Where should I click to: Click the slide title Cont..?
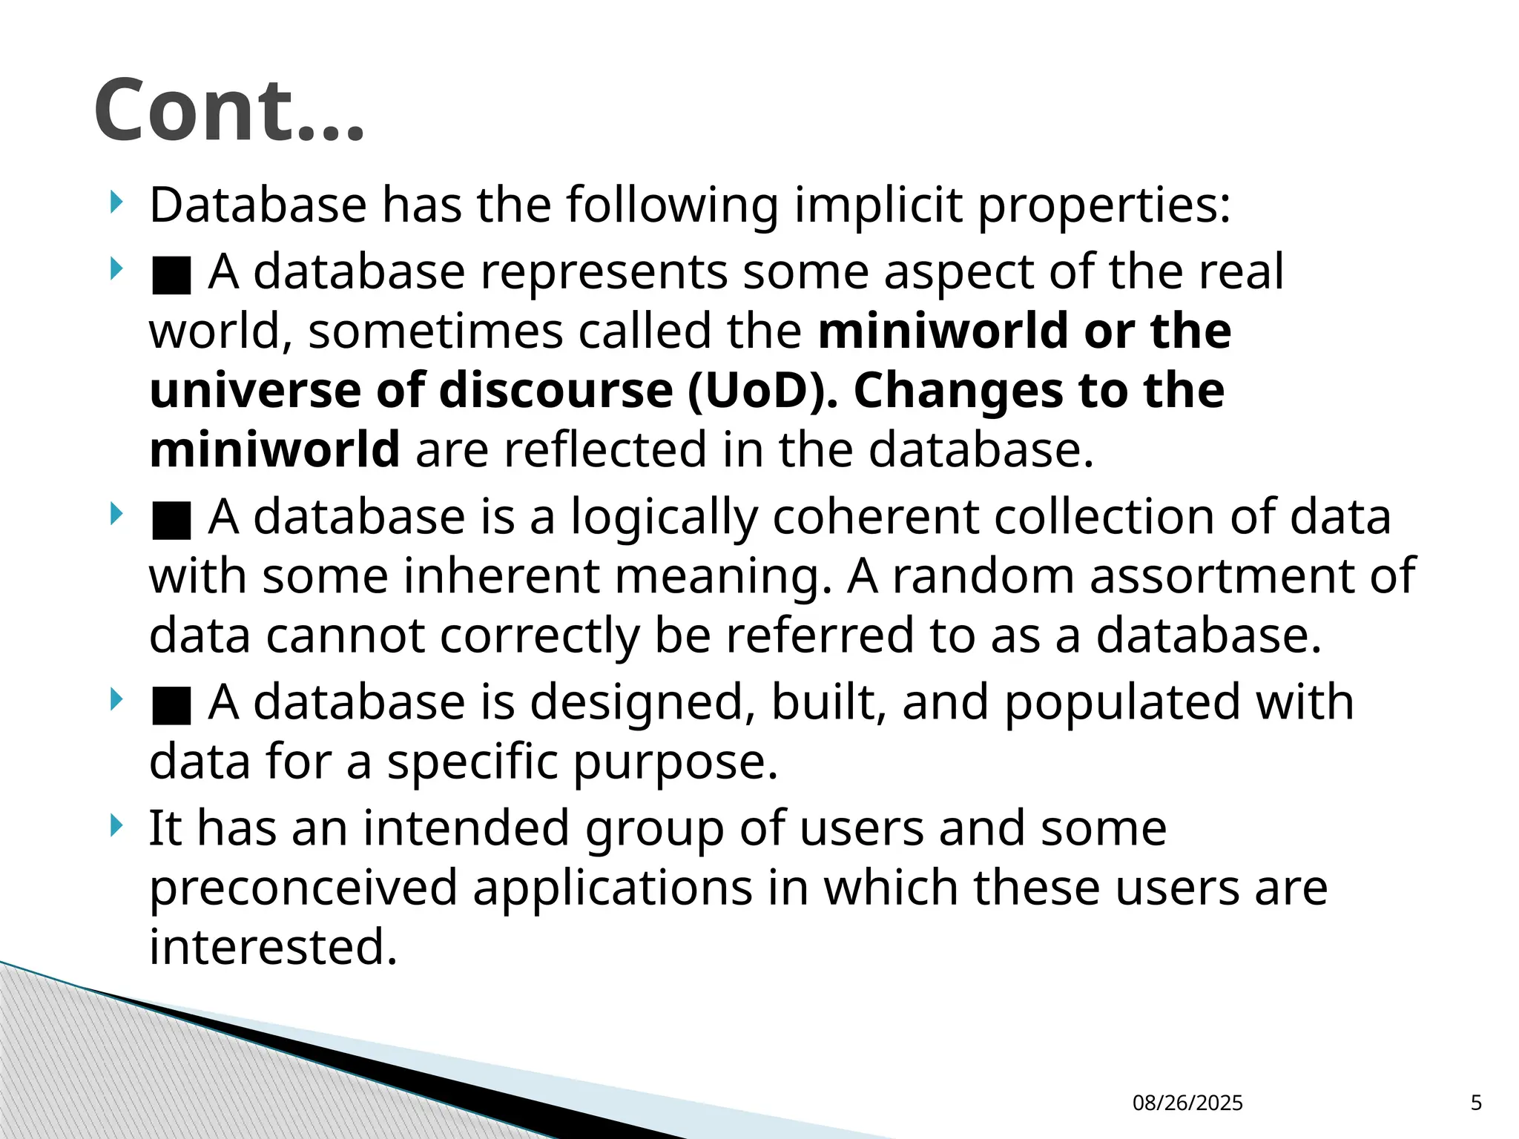click(x=229, y=110)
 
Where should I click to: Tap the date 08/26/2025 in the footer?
click(x=1187, y=1103)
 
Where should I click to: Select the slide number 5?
click(x=1476, y=1103)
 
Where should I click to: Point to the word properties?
click(x=1104, y=206)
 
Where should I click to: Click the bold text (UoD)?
click(x=762, y=390)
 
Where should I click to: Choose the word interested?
click(x=273, y=947)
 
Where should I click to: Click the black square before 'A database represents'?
click(x=171, y=275)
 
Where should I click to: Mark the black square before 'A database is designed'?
click(x=171, y=705)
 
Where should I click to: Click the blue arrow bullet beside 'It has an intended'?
click(x=115, y=825)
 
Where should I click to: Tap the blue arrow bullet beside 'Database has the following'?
click(x=115, y=202)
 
